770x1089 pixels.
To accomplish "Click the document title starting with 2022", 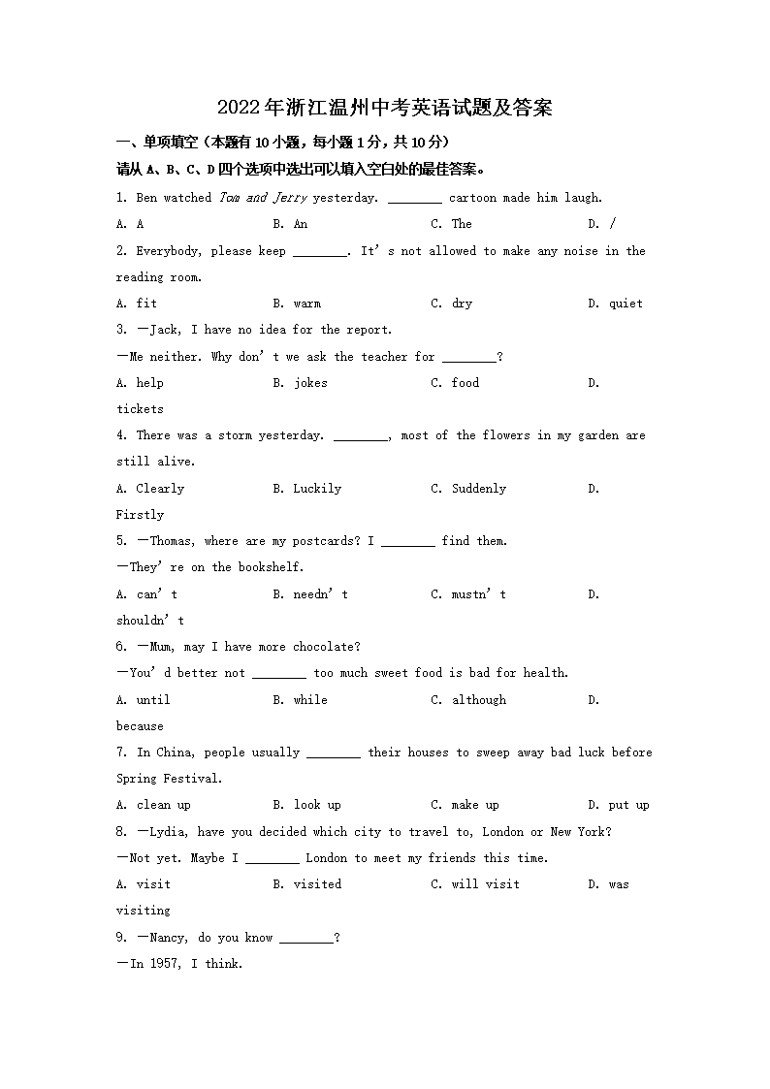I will pyautogui.click(x=384, y=108).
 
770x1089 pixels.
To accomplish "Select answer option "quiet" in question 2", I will pyautogui.click(x=626, y=304).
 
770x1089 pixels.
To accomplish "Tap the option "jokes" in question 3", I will pyautogui.click(x=310, y=383).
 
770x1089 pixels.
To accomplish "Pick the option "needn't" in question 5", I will pyautogui.click(x=320, y=594).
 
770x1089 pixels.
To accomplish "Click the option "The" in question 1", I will pyautogui.click(x=462, y=224).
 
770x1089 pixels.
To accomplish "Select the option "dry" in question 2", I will pyautogui.click(x=462, y=304).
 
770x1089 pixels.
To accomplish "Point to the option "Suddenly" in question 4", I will pyautogui.click(x=479, y=489).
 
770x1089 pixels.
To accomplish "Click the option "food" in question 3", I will pyautogui.click(x=465, y=383).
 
